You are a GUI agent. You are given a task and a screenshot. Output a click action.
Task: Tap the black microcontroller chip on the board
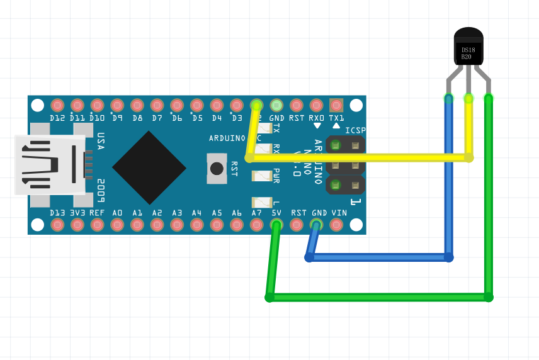click(x=149, y=167)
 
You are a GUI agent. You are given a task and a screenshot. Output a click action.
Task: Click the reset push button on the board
click(x=217, y=169)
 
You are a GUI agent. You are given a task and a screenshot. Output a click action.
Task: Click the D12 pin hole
click(x=57, y=105)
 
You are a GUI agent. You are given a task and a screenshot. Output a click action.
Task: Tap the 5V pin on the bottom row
click(x=276, y=225)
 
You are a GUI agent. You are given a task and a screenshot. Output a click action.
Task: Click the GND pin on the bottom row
click(x=317, y=225)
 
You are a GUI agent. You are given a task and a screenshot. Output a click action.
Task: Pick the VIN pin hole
click(x=337, y=225)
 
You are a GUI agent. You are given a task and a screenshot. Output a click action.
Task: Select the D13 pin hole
click(x=57, y=225)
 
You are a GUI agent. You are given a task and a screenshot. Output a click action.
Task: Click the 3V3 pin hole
click(x=77, y=225)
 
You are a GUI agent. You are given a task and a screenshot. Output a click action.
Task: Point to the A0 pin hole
click(x=117, y=225)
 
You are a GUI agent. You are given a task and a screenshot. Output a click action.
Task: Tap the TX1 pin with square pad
click(x=336, y=105)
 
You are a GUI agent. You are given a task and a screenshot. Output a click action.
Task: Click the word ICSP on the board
click(x=355, y=130)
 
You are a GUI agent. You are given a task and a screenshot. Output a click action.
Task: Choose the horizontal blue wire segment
click(x=378, y=257)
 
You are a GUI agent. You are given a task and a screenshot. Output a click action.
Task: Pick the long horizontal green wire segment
click(x=378, y=297)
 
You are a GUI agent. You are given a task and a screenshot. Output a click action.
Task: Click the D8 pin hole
click(x=137, y=105)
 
